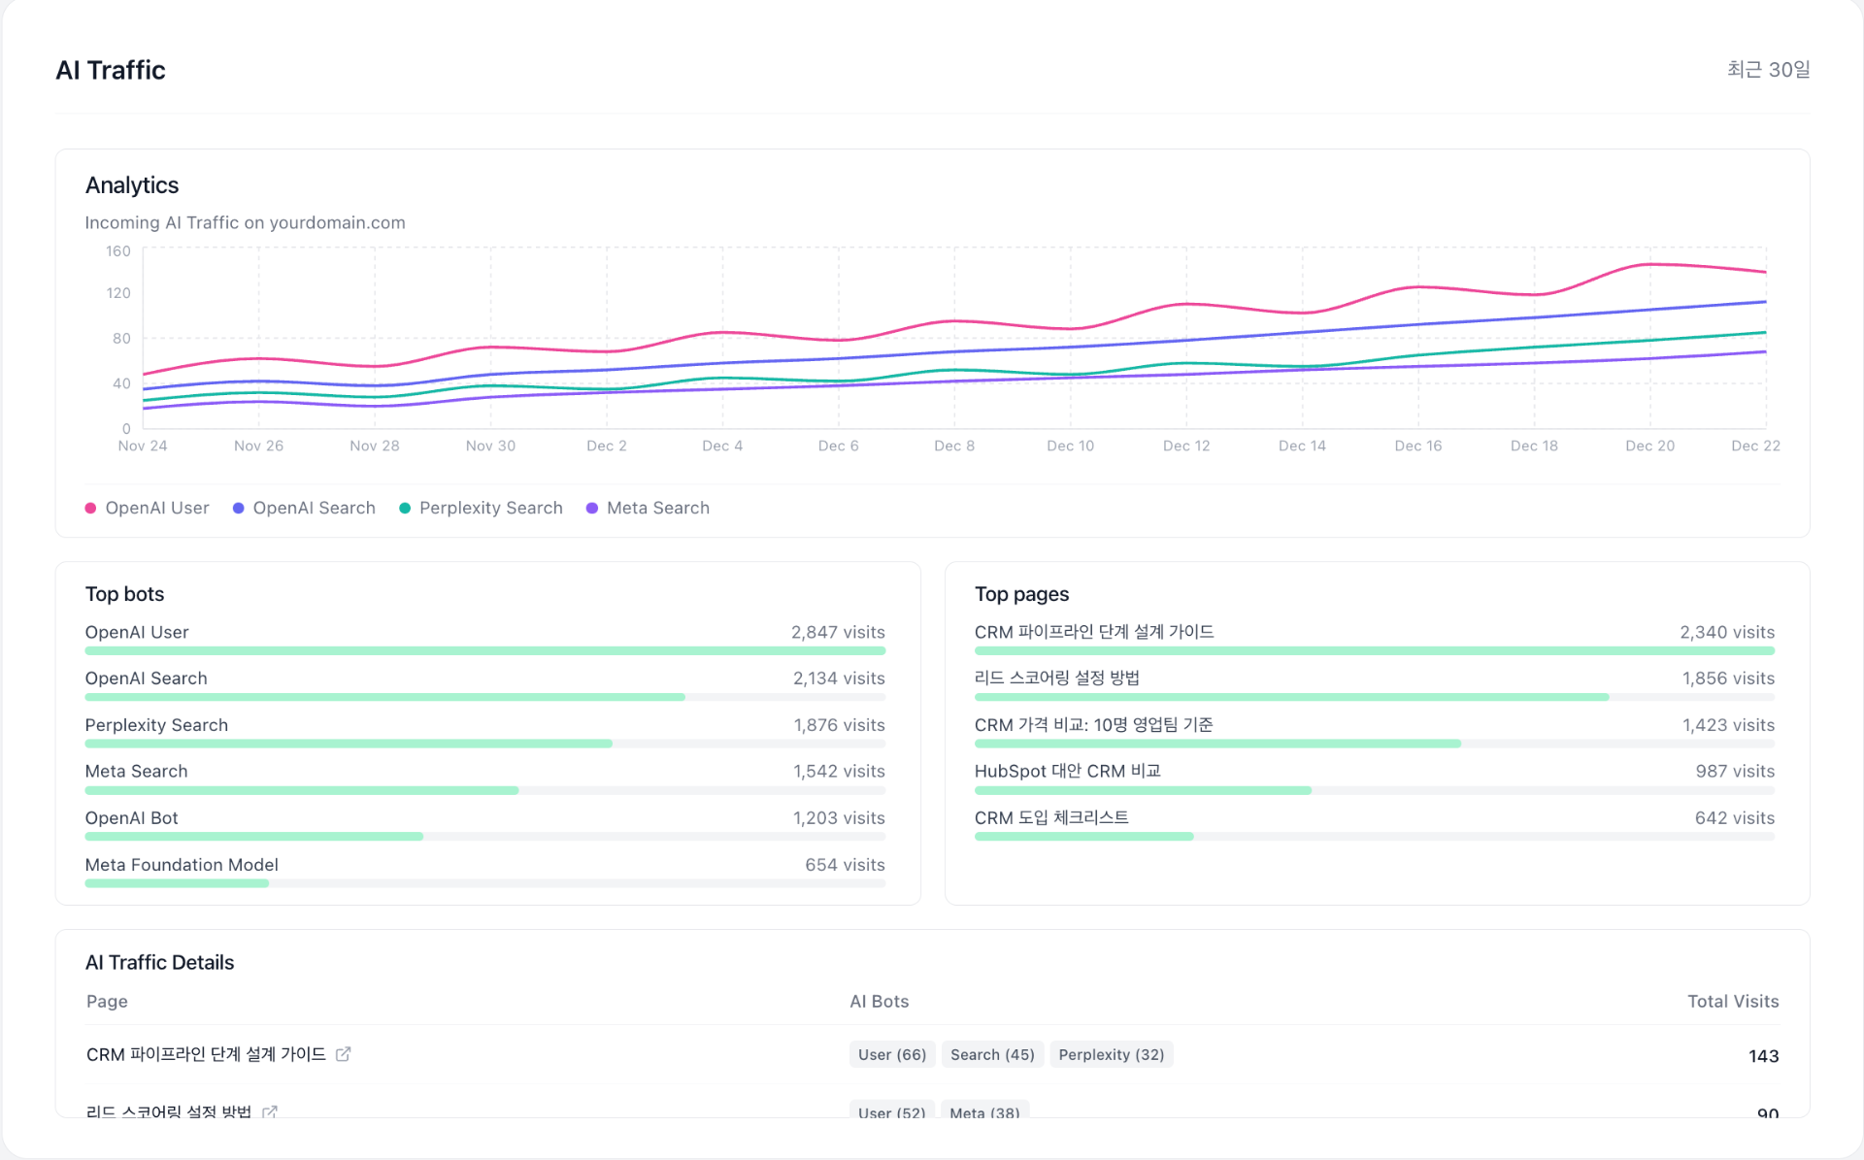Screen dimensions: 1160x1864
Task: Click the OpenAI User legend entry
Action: [148, 508]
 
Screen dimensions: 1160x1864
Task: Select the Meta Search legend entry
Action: [648, 508]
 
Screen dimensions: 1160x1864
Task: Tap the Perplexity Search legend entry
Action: [481, 508]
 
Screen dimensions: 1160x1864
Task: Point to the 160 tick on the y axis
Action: [118, 251]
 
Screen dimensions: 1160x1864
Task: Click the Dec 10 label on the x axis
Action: [1070, 446]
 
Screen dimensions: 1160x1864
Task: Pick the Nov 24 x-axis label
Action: [143, 446]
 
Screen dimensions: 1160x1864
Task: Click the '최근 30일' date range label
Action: [1768, 70]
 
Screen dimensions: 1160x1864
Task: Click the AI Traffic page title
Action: [111, 70]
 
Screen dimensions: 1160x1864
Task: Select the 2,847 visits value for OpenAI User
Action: [838, 632]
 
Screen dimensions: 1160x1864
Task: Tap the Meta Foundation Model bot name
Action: [182, 865]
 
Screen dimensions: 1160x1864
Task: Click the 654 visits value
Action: [845, 865]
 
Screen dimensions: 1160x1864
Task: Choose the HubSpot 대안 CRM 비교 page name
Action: [1067, 771]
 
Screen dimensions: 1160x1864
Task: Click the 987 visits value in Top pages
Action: [1735, 771]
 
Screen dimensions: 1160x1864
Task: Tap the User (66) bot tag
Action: [892, 1054]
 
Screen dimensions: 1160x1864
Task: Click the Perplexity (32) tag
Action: [1112, 1054]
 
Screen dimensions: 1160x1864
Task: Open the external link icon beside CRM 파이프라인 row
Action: [343, 1054]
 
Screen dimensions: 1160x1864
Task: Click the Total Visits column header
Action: [1733, 1001]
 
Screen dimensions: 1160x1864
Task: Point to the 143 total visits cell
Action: [1763, 1056]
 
